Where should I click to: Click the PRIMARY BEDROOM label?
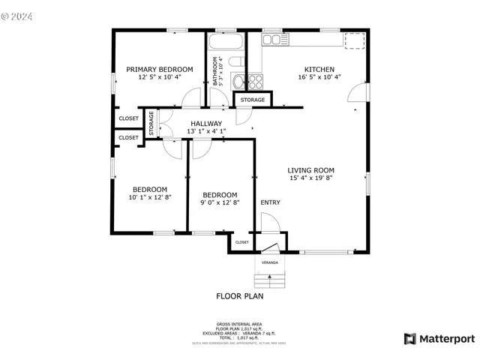point(159,69)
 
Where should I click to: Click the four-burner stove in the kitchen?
point(256,79)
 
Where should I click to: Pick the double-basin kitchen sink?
point(271,39)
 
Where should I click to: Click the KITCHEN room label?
point(319,69)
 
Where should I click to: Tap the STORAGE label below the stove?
point(253,100)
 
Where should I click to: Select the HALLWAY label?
point(205,124)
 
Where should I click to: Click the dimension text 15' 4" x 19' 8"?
point(311,178)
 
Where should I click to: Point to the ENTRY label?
point(270,202)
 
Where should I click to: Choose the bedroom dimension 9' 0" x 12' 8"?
point(220,202)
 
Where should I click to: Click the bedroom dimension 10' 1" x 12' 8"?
point(150,197)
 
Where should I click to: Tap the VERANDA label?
point(269,263)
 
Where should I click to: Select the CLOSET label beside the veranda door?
point(242,242)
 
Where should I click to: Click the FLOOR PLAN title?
point(240,296)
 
